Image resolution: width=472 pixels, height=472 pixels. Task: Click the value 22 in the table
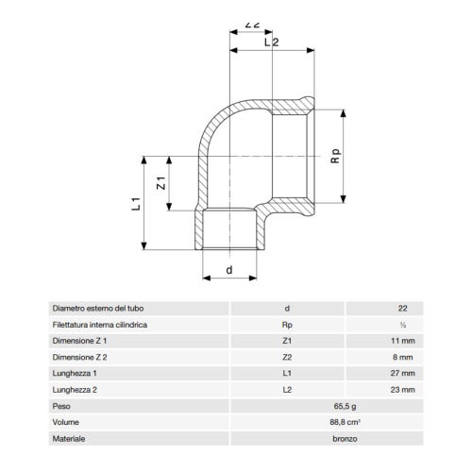tap(403, 309)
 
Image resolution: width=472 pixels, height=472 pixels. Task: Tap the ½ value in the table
tap(403, 325)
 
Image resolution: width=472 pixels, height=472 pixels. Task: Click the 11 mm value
tap(402, 341)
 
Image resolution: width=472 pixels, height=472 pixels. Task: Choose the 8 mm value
tap(402, 358)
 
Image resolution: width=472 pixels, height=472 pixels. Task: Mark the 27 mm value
tap(402, 374)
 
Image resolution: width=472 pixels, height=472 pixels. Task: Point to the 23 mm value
tap(402, 390)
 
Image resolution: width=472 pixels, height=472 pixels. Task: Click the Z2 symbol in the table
tap(288, 358)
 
